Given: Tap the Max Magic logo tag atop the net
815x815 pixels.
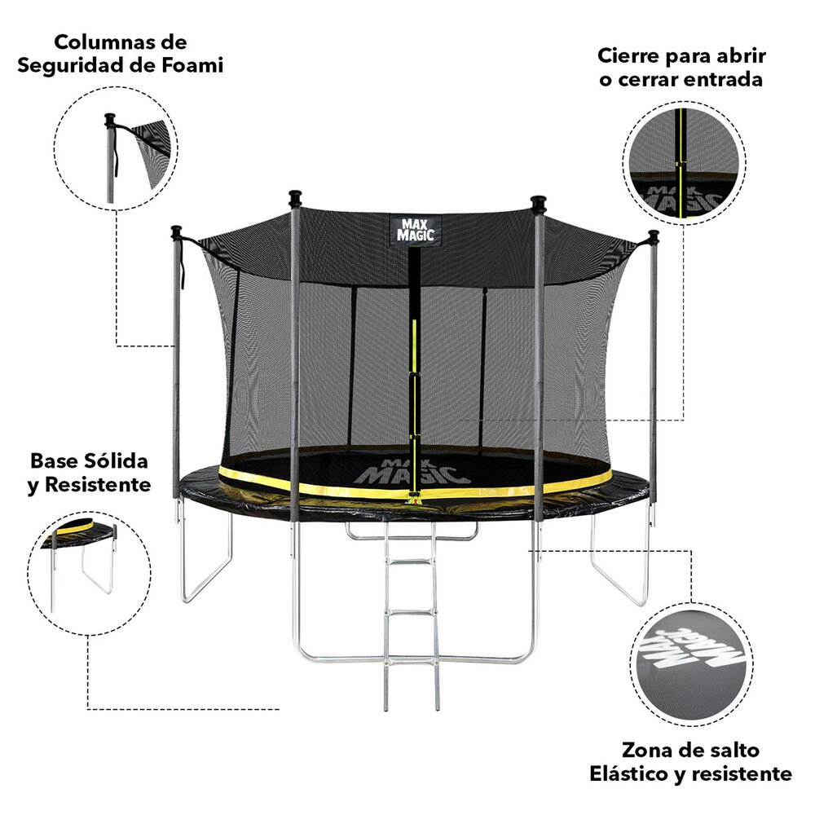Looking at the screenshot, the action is [x=416, y=230].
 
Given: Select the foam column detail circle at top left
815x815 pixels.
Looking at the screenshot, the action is [x=116, y=148].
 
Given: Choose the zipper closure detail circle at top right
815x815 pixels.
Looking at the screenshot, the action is [x=684, y=163].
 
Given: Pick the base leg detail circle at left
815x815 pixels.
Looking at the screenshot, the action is [x=89, y=573].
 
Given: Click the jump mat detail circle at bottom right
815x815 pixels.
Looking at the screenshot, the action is [x=691, y=664].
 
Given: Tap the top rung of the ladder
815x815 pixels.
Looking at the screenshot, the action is [x=411, y=561].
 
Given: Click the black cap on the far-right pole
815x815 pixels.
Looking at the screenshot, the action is [x=654, y=236].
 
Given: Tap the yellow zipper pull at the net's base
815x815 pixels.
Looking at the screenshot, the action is [x=414, y=498].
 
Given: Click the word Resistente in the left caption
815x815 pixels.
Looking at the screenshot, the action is [x=98, y=484].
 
